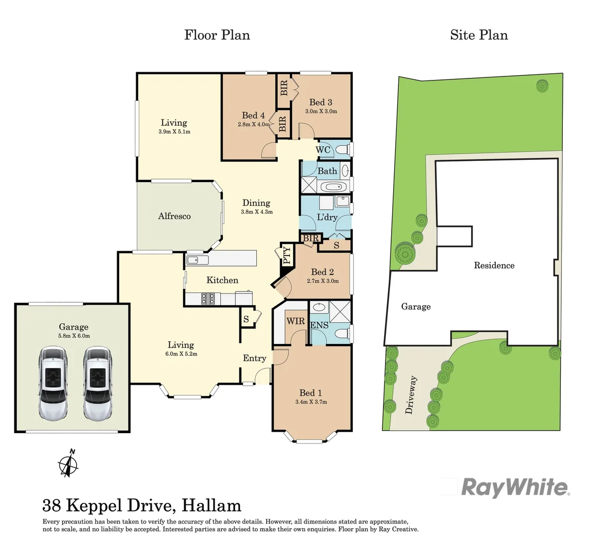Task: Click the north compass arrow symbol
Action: [x=68, y=463]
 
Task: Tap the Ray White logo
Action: [x=515, y=487]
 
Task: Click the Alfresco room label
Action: [x=174, y=217]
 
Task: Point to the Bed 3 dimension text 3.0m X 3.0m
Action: [x=321, y=111]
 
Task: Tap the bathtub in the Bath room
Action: [x=328, y=187]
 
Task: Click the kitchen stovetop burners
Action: [x=208, y=298]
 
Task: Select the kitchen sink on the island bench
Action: [x=197, y=260]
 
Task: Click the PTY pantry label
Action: [x=287, y=255]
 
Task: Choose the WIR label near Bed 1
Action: [x=296, y=321]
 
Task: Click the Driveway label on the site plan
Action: [x=411, y=395]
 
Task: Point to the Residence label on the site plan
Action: [x=494, y=266]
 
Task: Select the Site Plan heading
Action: [x=479, y=35]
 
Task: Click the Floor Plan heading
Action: [x=217, y=35]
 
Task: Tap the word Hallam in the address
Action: [x=212, y=505]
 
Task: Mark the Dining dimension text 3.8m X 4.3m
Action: [x=256, y=212]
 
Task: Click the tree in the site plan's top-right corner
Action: [x=542, y=86]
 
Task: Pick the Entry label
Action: [x=254, y=358]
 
